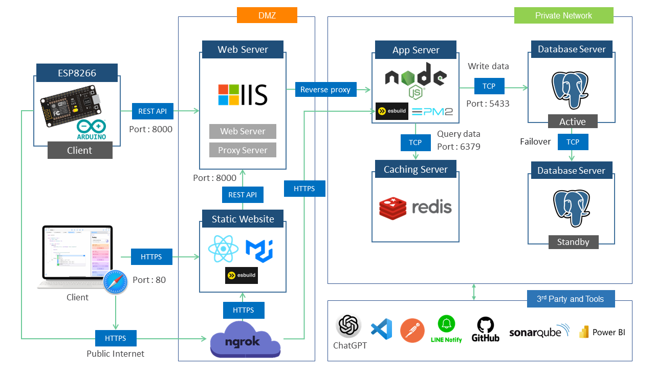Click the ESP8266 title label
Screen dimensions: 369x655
pyautogui.click(x=77, y=73)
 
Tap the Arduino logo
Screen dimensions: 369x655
pyautogui.click(x=91, y=130)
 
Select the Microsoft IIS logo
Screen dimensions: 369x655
pyautogui.click(x=243, y=95)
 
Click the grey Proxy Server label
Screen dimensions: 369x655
pyautogui.click(x=243, y=150)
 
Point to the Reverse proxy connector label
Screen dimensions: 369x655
pyautogui.click(x=325, y=90)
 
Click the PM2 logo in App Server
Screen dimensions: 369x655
pyautogui.click(x=432, y=112)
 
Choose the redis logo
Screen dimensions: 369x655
pyautogui.click(x=416, y=208)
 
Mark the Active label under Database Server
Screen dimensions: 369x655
pyautogui.click(x=572, y=121)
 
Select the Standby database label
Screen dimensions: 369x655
pyautogui.click(x=573, y=242)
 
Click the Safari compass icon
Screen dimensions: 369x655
pyautogui.click(x=115, y=282)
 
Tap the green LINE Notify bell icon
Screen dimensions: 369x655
pyautogui.click(x=446, y=324)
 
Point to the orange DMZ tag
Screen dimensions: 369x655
pyautogui.click(x=267, y=15)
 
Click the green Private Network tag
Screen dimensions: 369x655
pyautogui.click(x=563, y=15)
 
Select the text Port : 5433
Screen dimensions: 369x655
pyautogui.click(x=488, y=104)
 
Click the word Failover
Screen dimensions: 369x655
pyautogui.click(x=535, y=141)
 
